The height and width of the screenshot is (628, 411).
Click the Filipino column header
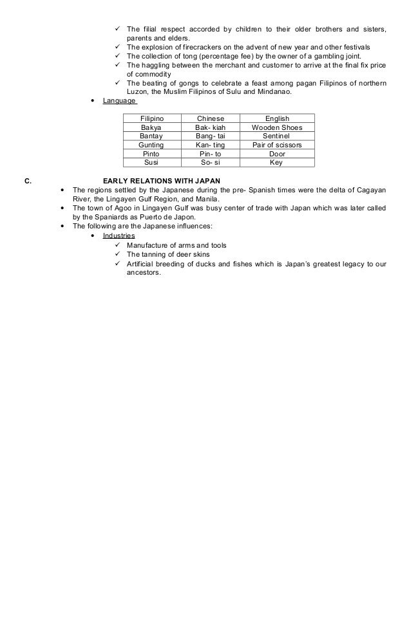(152, 119)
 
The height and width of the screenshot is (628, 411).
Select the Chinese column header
(211, 119)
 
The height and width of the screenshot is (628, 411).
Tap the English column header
(277, 119)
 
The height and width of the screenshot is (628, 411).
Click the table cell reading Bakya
(152, 127)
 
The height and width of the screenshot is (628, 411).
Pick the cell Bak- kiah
(211, 127)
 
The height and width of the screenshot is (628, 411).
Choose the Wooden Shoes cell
(277, 127)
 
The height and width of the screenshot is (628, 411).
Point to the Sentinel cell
(277, 136)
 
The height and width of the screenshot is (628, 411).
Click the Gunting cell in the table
(152, 145)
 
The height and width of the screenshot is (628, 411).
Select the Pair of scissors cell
(277, 145)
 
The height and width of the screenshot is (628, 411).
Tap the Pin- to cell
(211, 154)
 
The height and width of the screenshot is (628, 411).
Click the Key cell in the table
(276, 163)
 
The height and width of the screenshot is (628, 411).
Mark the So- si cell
(211, 163)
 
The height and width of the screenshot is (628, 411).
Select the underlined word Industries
(119, 236)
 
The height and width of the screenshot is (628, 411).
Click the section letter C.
(26, 180)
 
